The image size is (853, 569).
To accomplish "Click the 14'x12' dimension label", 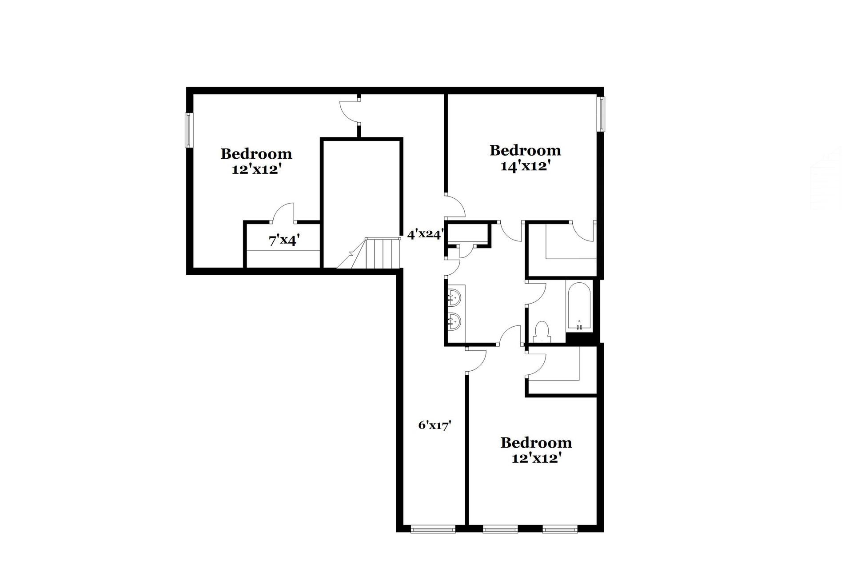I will pos(526,166).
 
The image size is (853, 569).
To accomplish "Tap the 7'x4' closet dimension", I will pos(284,240).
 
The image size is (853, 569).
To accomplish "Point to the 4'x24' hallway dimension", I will pos(425,234).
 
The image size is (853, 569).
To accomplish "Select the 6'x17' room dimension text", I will pos(435,425).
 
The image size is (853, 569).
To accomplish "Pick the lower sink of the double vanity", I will pos(454,320).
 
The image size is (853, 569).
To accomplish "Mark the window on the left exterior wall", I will pos(189,130).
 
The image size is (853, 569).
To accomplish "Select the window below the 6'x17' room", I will pos(433,529).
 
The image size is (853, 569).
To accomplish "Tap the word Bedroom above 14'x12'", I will pos(525,150).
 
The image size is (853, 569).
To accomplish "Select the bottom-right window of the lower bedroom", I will pos(560,529).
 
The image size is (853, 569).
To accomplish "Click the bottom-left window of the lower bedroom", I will pos(500,529).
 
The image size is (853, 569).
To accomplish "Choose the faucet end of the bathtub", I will pos(579,326).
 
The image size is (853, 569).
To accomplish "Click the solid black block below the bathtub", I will pos(582,338).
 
